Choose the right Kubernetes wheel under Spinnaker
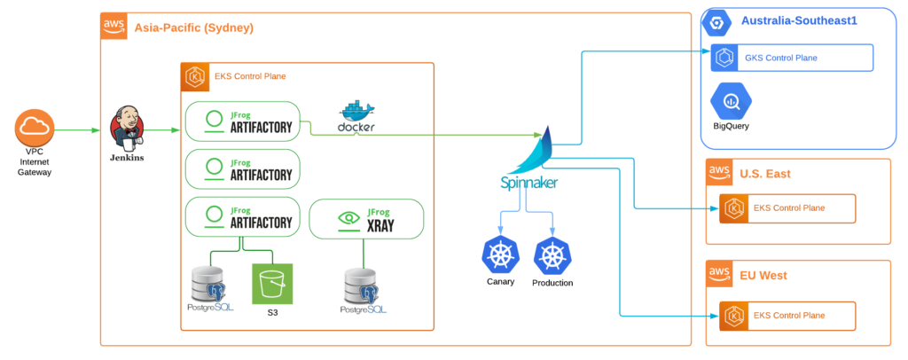pos(552,254)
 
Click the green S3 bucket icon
pos(271,285)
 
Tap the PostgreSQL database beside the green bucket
pos(209,287)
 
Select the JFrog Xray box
pos(365,220)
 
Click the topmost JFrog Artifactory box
pos(242,121)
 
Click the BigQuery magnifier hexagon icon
pos(731,101)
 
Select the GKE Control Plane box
pos(793,58)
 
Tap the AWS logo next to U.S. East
pos(719,173)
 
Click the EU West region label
pos(763,275)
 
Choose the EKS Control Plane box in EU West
pos(788,315)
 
